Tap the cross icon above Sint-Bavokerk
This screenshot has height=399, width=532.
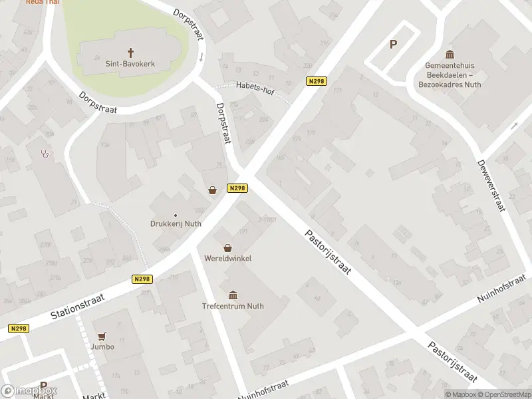(x=130, y=52)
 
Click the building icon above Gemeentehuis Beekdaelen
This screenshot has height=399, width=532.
(x=450, y=54)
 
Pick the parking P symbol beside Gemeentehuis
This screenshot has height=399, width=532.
(x=393, y=45)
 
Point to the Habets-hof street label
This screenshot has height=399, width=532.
(x=255, y=85)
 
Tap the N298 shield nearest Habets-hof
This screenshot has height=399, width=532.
(x=316, y=81)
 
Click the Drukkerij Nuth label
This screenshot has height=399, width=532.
(x=176, y=224)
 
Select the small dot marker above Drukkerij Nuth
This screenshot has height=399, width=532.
(x=176, y=215)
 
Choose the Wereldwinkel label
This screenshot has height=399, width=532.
(x=228, y=258)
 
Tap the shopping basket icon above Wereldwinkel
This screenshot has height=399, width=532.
(x=228, y=247)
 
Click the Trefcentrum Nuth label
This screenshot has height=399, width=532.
(x=233, y=307)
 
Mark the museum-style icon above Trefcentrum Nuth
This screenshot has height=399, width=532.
(x=233, y=295)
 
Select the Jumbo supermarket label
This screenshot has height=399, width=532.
(x=103, y=346)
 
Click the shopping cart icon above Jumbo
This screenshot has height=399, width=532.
(x=102, y=336)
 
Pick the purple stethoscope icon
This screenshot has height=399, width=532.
(x=45, y=154)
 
